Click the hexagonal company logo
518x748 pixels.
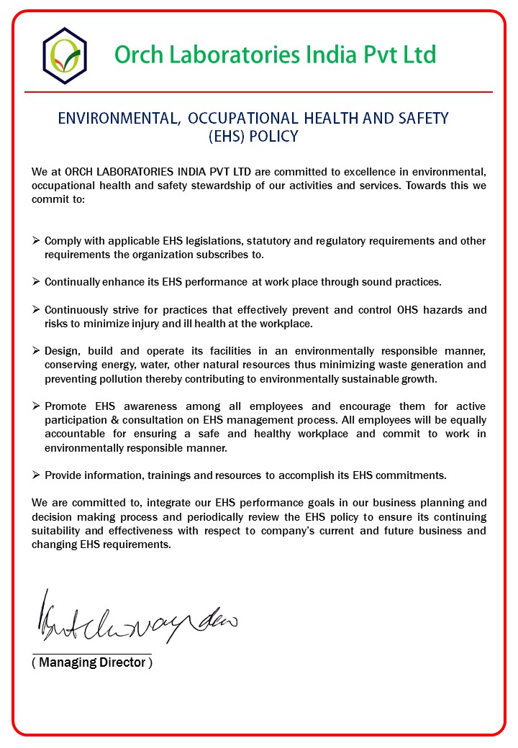pos(65,55)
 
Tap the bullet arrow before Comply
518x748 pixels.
pos(37,241)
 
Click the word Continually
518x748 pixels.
pos(73,282)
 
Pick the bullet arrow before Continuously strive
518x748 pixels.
pos(37,310)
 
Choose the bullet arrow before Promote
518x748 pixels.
pos(37,406)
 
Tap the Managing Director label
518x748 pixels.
pos(92,662)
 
